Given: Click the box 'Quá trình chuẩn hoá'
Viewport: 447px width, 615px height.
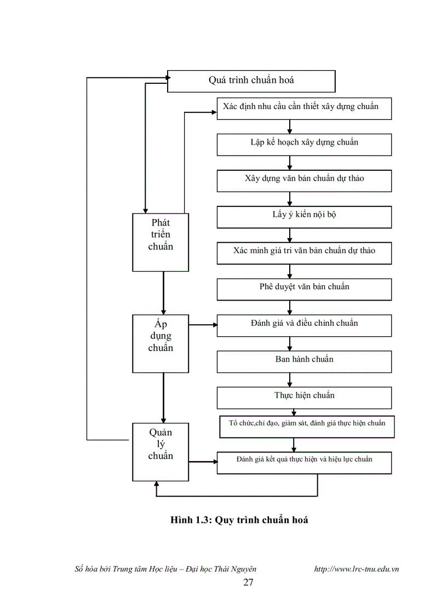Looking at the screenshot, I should tap(251, 81).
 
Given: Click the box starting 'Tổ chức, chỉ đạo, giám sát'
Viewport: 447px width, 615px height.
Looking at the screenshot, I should tap(307, 427).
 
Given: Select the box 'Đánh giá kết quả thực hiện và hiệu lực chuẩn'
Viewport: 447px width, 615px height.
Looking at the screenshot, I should tap(304, 462).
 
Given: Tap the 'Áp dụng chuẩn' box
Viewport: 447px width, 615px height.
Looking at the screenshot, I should tap(161, 343).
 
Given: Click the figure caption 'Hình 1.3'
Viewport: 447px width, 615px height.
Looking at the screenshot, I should tap(239, 520).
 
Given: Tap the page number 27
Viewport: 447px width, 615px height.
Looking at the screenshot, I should tap(248, 582).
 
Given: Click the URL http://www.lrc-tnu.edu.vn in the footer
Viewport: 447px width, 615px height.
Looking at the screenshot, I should tap(356, 569).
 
